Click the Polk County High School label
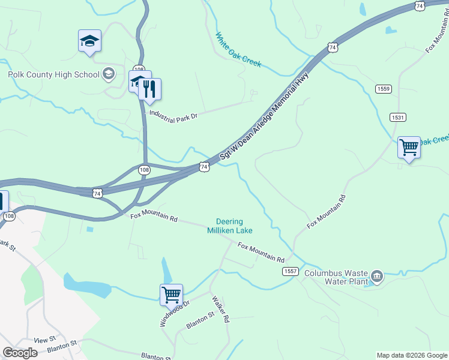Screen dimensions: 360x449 (53, 74)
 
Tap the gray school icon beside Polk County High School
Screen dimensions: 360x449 (109, 74)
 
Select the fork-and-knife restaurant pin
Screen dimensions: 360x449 (150, 90)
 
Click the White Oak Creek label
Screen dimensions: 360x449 (238, 49)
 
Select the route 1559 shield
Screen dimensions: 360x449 (384, 89)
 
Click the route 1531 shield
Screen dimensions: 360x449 (397, 117)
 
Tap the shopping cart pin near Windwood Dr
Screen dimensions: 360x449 (171, 295)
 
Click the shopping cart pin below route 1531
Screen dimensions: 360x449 (409, 147)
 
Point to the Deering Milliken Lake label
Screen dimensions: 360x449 (230, 226)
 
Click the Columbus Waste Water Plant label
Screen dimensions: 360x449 (335, 277)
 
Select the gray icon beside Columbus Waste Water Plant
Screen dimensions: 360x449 (377, 276)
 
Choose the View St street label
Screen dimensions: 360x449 (44, 340)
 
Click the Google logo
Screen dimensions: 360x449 (20, 353)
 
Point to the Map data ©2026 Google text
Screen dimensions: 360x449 (412, 355)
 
